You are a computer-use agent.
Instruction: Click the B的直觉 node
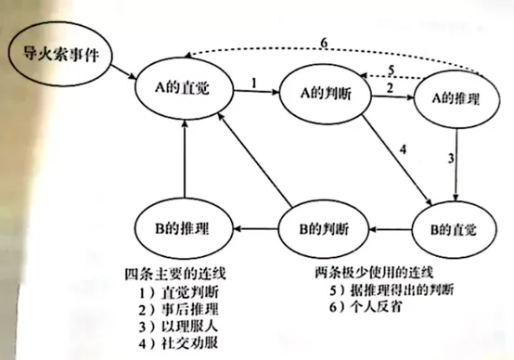(454, 227)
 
